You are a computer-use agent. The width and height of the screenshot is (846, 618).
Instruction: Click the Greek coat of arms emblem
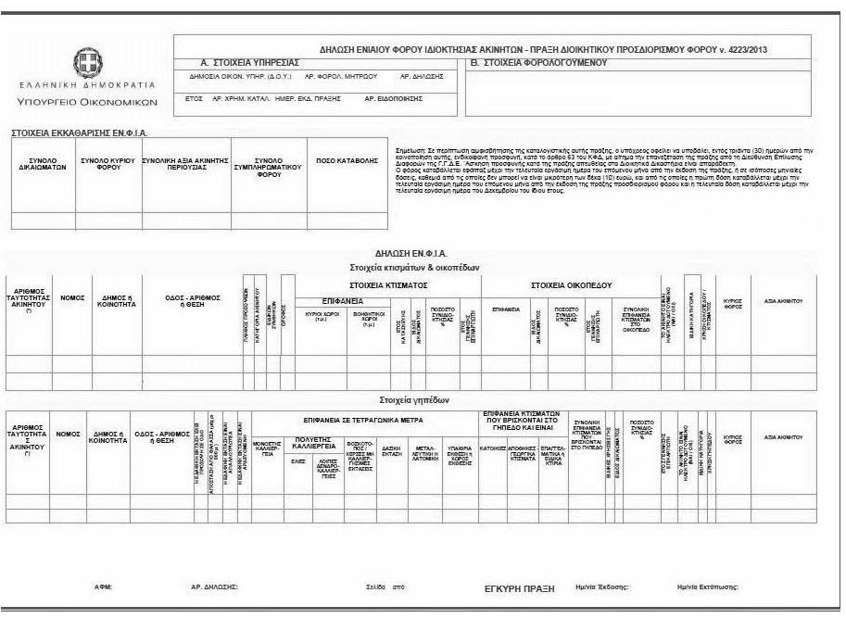(86, 64)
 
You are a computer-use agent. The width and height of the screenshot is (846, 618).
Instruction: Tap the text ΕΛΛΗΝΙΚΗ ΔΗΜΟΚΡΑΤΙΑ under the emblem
(86, 85)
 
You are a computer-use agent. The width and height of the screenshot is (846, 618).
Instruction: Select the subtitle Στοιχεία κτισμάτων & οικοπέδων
(414, 267)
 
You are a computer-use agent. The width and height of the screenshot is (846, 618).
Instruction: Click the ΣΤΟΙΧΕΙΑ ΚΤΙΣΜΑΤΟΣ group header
(387, 285)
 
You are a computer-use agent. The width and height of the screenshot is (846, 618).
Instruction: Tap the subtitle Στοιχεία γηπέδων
(414, 401)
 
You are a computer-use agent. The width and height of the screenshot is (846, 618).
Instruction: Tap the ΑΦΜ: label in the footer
(103, 587)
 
